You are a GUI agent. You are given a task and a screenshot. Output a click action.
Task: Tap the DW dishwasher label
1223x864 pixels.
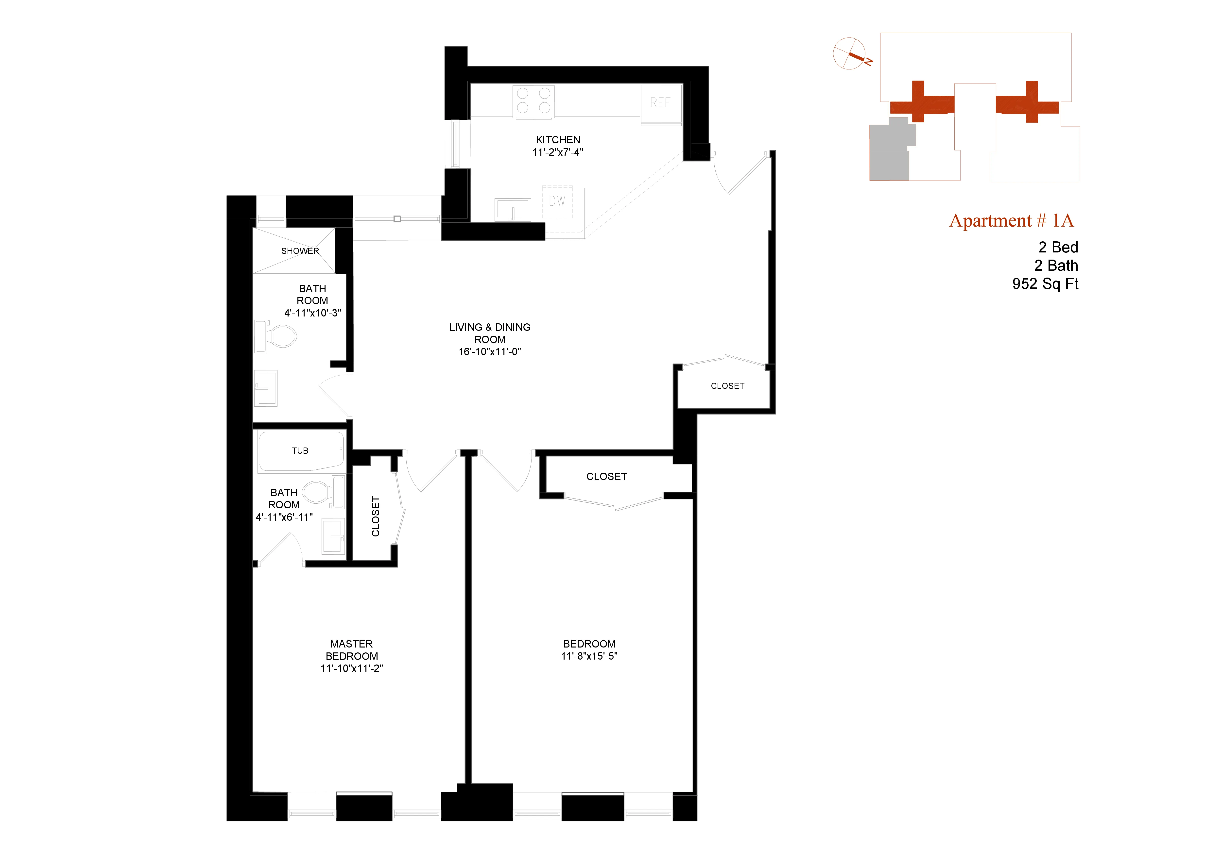[557, 201]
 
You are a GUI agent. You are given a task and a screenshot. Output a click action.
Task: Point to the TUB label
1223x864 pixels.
[300, 451]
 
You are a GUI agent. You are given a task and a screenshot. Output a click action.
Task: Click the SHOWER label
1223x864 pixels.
[300, 251]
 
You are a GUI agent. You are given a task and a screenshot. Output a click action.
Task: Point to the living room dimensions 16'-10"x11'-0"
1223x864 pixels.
[489, 351]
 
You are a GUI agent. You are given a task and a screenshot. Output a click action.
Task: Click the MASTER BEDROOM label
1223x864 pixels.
[352, 650]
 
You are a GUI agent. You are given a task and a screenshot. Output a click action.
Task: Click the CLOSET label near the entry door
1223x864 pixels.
[727, 386]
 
